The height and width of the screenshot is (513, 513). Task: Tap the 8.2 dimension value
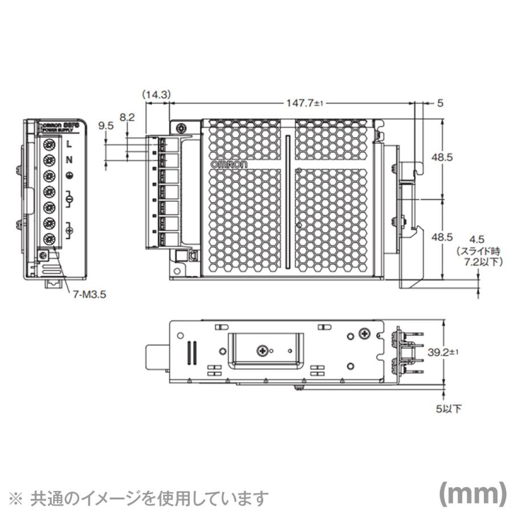pyautogui.click(x=127, y=117)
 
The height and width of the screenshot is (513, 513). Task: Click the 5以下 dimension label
pyautogui.click(x=450, y=408)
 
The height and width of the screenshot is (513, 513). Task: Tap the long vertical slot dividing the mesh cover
pyautogui.click(x=288, y=202)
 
